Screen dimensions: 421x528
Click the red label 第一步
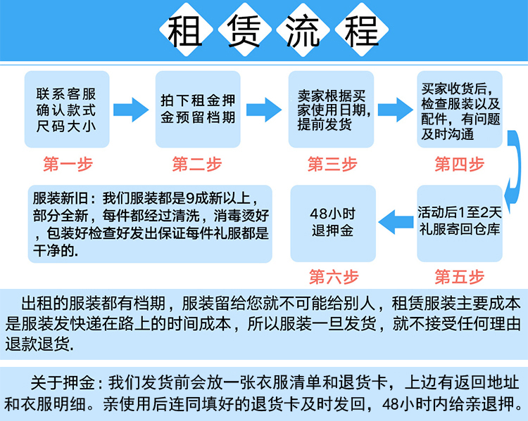pyautogui.click(x=68, y=164)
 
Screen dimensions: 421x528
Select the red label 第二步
pyautogui.click(x=196, y=164)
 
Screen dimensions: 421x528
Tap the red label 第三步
pyautogui.click(x=332, y=164)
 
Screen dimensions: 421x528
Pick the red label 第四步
pyautogui.click(x=460, y=164)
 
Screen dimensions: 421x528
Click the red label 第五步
pyautogui.click(x=460, y=276)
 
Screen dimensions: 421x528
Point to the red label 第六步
pyautogui.click(x=332, y=276)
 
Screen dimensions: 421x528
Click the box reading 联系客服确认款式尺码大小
pyautogui.click(x=67, y=109)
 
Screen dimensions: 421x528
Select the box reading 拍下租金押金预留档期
pyautogui.click(x=197, y=109)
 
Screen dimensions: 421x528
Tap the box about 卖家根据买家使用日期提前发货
pyautogui.click(x=332, y=109)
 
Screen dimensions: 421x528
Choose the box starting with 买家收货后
pyautogui.click(x=460, y=109)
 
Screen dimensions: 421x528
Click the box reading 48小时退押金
pyautogui.click(x=332, y=222)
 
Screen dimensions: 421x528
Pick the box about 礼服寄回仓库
pyautogui.click(x=459, y=222)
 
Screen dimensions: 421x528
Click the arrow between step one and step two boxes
pyautogui.click(x=132, y=109)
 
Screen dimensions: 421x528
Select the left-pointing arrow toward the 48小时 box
pyautogui.click(x=396, y=222)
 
